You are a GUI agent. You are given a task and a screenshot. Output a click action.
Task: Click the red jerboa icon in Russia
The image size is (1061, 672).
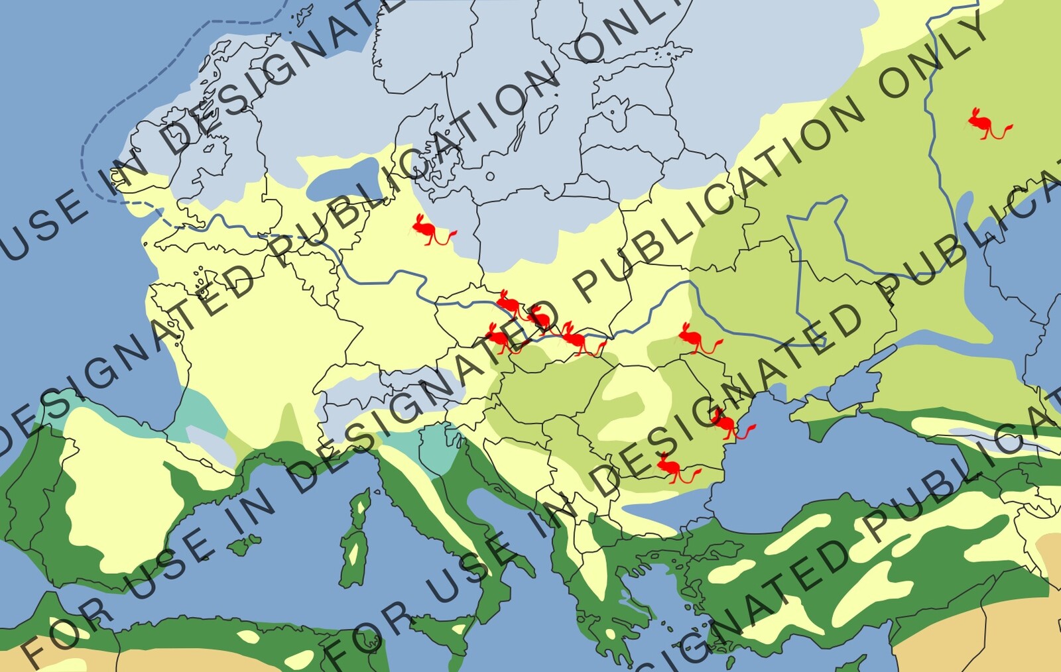click(x=987, y=125)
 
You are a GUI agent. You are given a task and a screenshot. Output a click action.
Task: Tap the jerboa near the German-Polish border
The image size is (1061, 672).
click(x=431, y=231)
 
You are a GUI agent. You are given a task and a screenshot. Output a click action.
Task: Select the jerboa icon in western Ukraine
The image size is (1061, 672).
click(x=696, y=339)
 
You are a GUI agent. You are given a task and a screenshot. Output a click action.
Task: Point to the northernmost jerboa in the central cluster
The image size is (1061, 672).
click(x=511, y=304)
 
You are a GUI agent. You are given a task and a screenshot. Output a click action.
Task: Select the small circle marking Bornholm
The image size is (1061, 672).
click(x=490, y=176)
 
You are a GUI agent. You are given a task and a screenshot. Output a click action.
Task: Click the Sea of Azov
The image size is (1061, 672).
click(x=855, y=384)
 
